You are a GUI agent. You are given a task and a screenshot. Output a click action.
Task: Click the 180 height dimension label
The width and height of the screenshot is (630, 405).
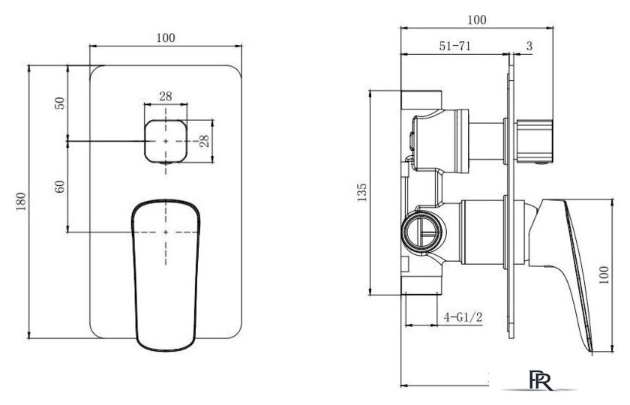(21, 202)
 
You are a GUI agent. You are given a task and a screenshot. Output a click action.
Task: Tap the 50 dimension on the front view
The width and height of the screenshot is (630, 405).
(59, 103)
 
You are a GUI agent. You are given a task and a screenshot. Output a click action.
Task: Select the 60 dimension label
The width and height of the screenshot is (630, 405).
(59, 187)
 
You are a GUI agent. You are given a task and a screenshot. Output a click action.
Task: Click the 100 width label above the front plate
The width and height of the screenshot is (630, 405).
(166, 37)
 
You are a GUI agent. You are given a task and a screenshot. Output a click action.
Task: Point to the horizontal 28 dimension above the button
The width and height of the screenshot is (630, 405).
(166, 97)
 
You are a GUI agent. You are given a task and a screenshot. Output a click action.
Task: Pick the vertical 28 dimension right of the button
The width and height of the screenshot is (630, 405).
(205, 141)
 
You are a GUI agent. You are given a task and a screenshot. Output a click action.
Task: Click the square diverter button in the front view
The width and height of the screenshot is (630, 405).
(166, 141)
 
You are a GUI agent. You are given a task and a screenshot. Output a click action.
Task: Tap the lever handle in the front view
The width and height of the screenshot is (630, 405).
(166, 274)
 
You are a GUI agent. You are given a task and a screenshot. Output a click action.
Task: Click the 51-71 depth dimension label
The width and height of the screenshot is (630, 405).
(454, 46)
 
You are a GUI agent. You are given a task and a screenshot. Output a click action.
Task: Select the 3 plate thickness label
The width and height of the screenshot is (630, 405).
(529, 46)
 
